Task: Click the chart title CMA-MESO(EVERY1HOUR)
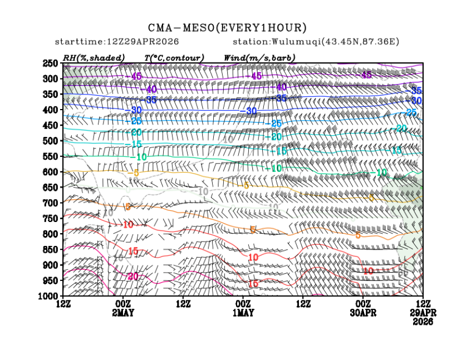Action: (x=227, y=27)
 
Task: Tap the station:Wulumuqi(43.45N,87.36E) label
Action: (x=316, y=42)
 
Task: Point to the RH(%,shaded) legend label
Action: (x=94, y=57)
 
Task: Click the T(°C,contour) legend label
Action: (x=174, y=57)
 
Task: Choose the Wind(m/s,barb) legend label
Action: (x=259, y=57)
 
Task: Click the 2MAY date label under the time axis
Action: (x=122, y=313)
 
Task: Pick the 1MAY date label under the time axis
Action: (x=243, y=313)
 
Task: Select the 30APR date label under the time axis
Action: (x=363, y=313)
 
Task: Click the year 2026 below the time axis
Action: (x=424, y=322)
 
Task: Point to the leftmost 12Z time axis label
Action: (x=63, y=304)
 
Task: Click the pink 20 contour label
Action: (x=133, y=277)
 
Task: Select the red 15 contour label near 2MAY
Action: (x=133, y=251)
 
